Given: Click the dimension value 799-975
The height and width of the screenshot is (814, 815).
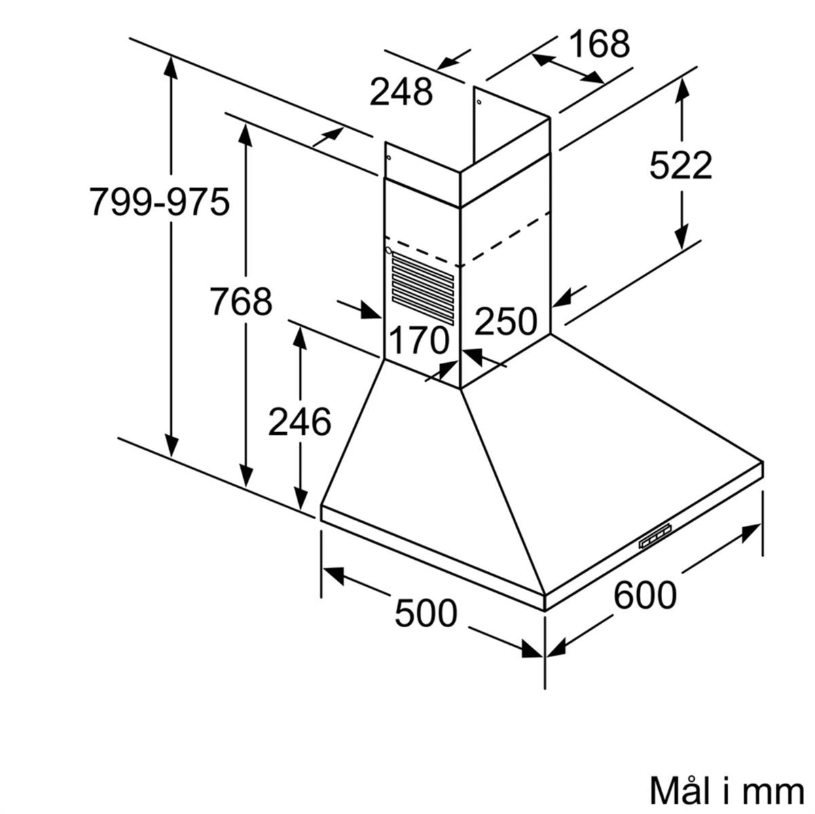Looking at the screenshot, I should coord(160,201).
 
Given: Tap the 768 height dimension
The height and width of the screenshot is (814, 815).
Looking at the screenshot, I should coord(240,301).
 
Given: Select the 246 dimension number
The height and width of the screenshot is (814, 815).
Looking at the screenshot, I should coord(300,422).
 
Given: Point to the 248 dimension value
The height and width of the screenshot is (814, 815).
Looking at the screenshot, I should coord(401,92).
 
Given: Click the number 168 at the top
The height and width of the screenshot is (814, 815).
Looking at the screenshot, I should coord(599,44).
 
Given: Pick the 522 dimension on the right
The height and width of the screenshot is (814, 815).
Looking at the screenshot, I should coord(681,165).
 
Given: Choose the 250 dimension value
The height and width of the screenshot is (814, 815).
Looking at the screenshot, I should coord(506,321).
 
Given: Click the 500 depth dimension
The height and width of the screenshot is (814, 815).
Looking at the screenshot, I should coord(426,613).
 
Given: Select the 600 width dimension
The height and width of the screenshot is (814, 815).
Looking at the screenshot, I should coord(645,595).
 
